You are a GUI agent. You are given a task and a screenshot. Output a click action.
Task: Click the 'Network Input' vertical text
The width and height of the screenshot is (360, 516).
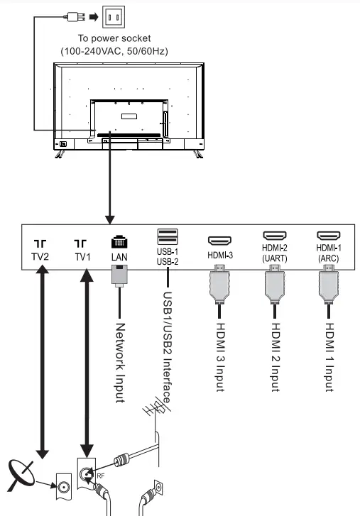[120, 361]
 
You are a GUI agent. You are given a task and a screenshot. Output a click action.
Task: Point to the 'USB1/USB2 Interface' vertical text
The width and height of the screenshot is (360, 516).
[168, 347]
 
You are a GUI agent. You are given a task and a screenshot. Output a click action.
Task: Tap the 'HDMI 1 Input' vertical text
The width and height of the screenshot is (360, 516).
[329, 356]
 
